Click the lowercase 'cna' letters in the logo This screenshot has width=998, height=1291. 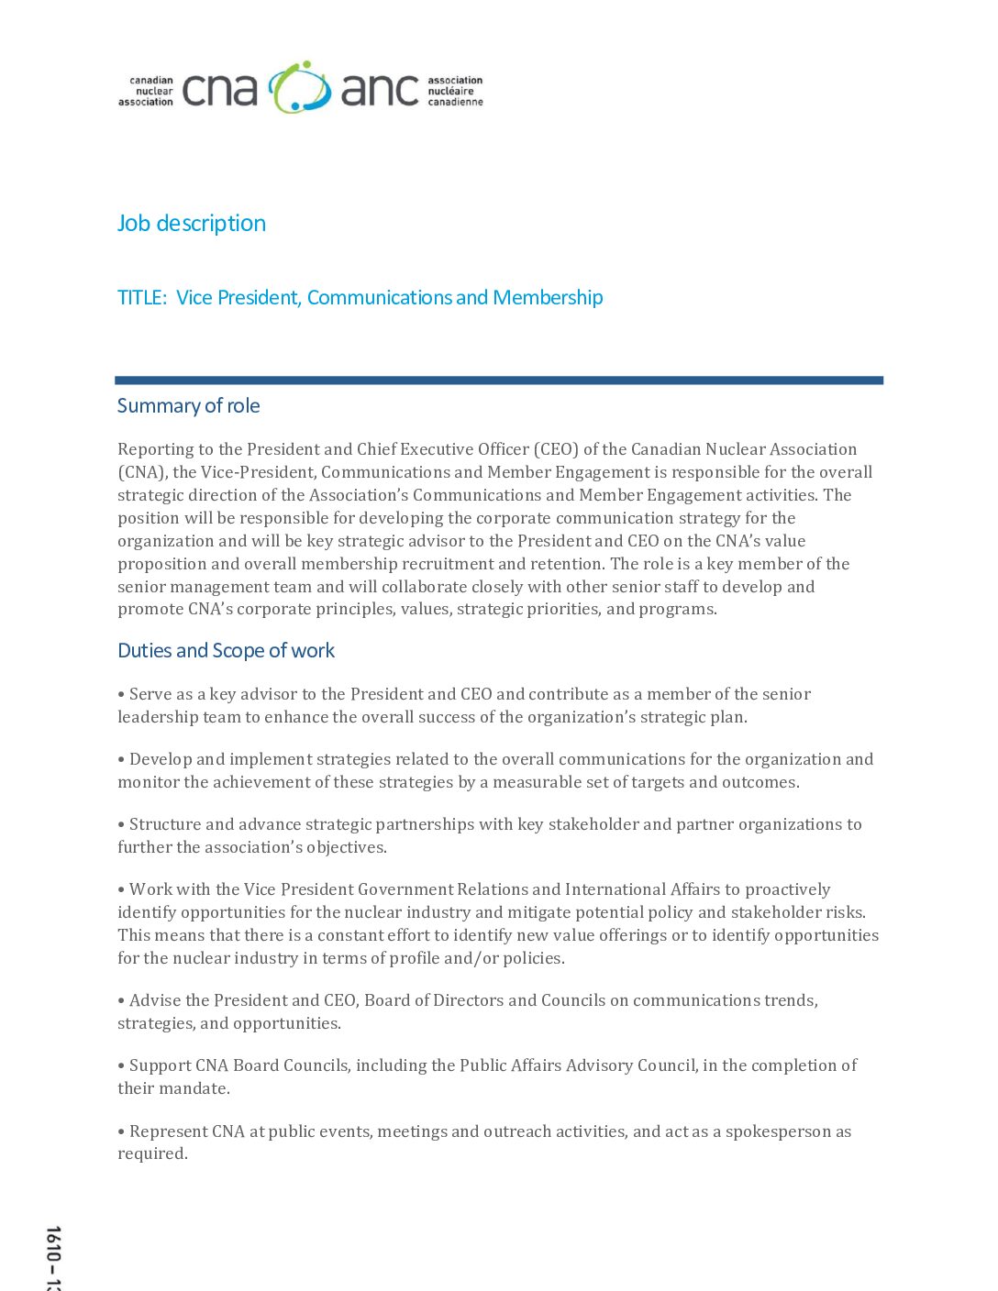click(x=219, y=91)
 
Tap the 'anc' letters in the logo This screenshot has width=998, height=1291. click(x=380, y=91)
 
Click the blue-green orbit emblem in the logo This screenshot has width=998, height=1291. click(x=300, y=88)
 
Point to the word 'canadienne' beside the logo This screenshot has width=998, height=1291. click(x=455, y=102)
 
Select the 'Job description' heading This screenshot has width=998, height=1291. click(x=192, y=224)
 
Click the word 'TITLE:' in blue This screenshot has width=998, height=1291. click(x=142, y=298)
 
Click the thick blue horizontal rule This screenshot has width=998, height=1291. click(x=499, y=380)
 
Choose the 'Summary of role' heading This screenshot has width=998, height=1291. click(x=188, y=406)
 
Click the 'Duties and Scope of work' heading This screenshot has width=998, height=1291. click(x=226, y=651)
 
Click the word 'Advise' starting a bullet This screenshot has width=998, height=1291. click(x=155, y=1000)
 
